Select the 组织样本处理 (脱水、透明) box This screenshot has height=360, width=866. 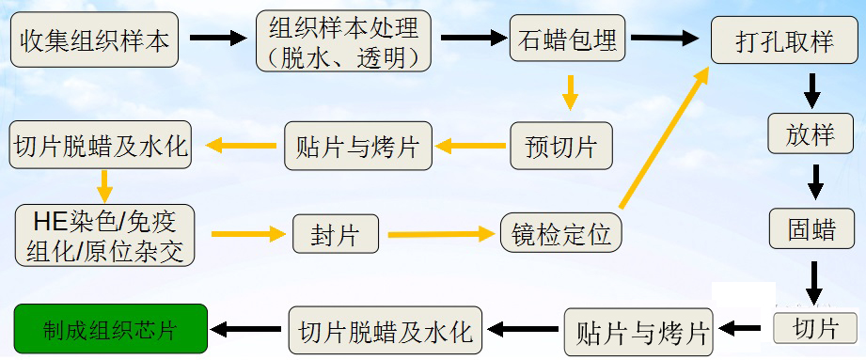coord(343,42)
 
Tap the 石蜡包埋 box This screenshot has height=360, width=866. coord(567,40)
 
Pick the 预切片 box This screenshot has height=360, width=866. coord(560,147)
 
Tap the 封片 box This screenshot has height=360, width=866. coord(335,235)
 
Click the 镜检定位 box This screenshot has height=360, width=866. coord(562,234)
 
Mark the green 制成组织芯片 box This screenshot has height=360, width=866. coord(110,330)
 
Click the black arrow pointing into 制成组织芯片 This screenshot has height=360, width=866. coord(246,329)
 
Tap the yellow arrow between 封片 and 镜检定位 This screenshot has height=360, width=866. coord(440,233)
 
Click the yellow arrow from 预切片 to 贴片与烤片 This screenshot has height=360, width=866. coord(470,146)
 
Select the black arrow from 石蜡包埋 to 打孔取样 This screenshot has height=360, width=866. coord(664,39)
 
